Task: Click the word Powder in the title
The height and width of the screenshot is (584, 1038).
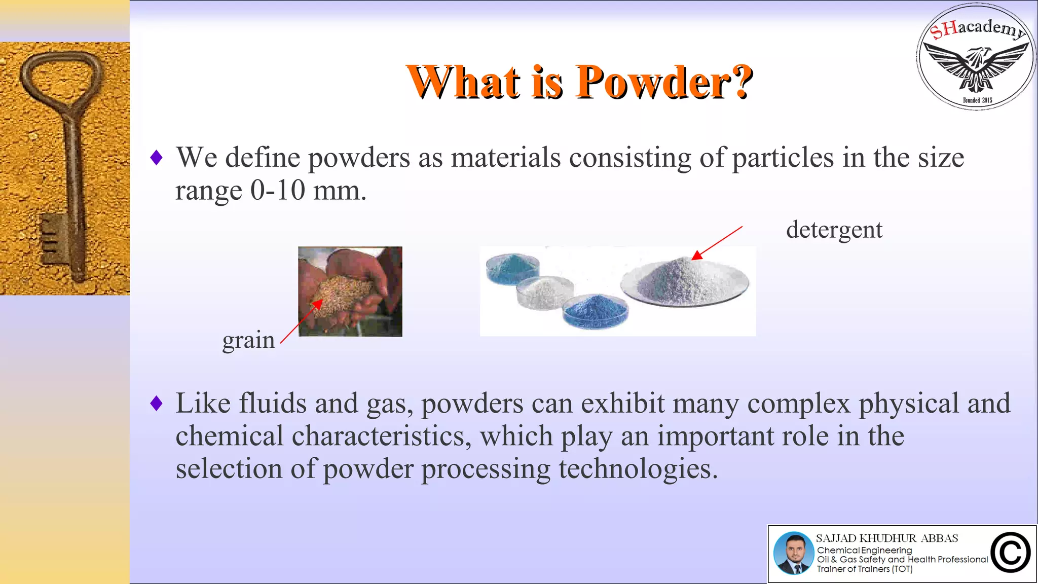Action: pyautogui.click(x=664, y=82)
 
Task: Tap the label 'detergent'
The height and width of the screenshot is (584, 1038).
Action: pyautogui.click(x=834, y=230)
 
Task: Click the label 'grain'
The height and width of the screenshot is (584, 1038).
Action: pyautogui.click(x=248, y=340)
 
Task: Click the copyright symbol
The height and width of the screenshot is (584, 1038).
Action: pyautogui.click(x=1010, y=553)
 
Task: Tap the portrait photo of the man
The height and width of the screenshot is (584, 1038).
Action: pyautogui.click(x=793, y=553)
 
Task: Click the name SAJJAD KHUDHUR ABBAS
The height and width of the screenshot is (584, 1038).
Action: pyautogui.click(x=886, y=538)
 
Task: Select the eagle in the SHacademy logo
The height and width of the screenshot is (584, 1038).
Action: pyautogui.click(x=976, y=66)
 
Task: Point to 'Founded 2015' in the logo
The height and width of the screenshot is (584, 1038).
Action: pyautogui.click(x=977, y=100)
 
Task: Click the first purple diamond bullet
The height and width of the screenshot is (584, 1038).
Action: pyautogui.click(x=157, y=158)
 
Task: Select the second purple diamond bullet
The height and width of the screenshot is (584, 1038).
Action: pyautogui.click(x=157, y=404)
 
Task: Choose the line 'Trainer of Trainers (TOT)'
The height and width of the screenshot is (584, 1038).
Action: pyautogui.click(x=864, y=569)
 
